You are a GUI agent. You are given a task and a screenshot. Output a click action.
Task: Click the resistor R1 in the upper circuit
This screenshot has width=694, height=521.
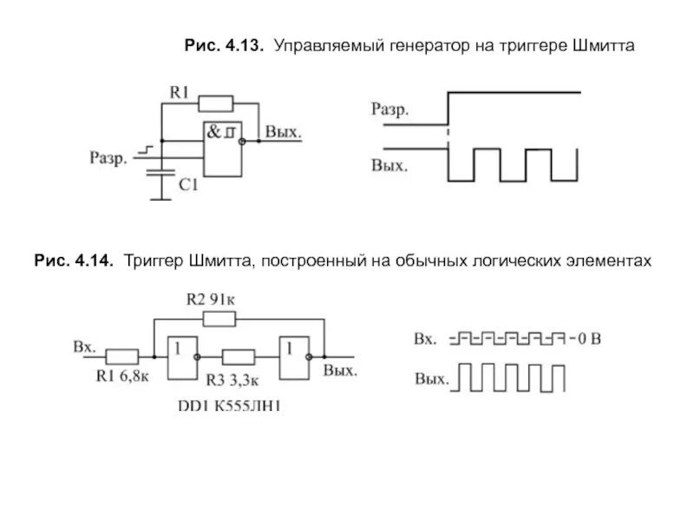point(216,104)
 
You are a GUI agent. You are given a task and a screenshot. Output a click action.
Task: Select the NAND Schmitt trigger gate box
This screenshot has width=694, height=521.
point(222,147)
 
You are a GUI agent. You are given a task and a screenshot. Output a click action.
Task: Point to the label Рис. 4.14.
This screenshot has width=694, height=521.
point(74,260)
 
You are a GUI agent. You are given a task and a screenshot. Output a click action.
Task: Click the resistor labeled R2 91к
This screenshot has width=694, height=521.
point(219,320)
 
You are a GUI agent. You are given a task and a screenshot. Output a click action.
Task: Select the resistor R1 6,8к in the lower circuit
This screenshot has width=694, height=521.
point(122,355)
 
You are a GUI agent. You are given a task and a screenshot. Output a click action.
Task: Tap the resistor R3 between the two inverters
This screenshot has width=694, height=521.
point(238,355)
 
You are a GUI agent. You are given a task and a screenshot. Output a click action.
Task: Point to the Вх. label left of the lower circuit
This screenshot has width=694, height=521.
point(84,346)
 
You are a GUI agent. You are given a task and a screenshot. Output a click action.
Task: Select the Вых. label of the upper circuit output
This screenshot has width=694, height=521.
point(284,133)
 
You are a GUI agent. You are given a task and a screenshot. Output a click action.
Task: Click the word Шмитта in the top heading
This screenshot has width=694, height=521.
point(603,44)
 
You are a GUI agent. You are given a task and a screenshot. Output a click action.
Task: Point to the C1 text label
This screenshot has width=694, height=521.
point(188,185)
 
